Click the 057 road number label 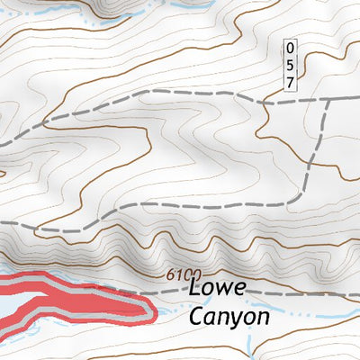tap(290, 64)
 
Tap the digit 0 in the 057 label tap(290, 47)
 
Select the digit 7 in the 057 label tap(290, 82)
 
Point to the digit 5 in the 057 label tap(290, 64)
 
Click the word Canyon tap(229, 318)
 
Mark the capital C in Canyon tap(197, 317)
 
